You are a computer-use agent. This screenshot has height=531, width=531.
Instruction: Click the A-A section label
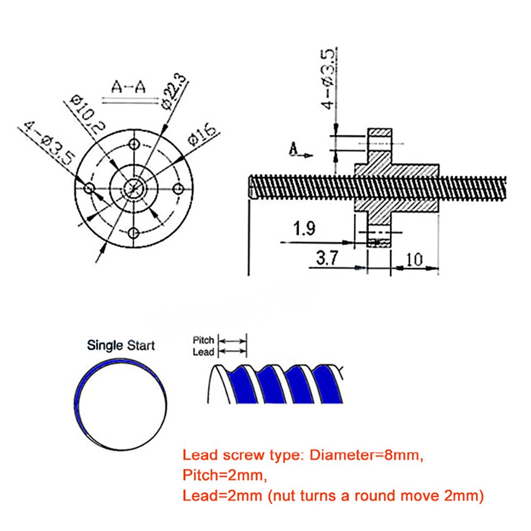(x=128, y=87)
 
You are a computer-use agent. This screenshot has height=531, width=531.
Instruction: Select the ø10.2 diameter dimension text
(x=88, y=113)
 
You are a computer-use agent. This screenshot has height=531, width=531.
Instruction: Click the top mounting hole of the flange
(x=134, y=144)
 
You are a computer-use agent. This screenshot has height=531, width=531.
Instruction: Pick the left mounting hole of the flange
(x=89, y=189)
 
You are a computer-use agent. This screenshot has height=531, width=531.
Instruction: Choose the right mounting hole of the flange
(x=179, y=187)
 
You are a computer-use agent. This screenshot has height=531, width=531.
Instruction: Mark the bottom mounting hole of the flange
(x=134, y=233)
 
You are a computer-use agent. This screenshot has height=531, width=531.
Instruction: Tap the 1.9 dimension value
(x=304, y=229)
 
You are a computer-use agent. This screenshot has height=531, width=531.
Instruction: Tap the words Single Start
(x=121, y=346)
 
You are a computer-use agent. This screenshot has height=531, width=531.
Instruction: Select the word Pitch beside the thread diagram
(x=203, y=340)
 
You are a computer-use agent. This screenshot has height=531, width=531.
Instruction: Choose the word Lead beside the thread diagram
(x=204, y=352)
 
